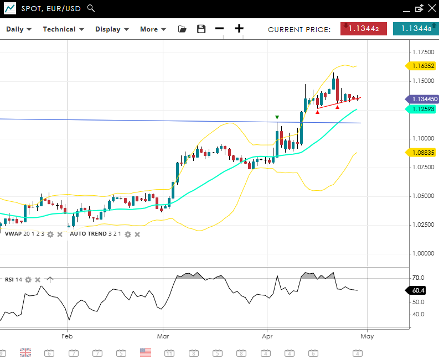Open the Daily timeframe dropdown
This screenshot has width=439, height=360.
pyautogui.click(x=19, y=29)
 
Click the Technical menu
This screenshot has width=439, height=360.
pyautogui.click(x=63, y=29)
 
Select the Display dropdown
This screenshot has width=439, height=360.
pyautogui.click(x=112, y=29)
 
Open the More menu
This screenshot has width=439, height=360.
pyautogui.click(x=153, y=29)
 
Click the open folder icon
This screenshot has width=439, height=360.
pyautogui.click(x=182, y=29)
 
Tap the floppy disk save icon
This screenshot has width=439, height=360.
pyautogui.click(x=201, y=29)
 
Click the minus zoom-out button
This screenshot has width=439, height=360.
pyautogui.click(x=219, y=29)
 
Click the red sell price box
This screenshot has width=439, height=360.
pyautogui.click(x=363, y=29)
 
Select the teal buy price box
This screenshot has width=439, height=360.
pyautogui.click(x=415, y=29)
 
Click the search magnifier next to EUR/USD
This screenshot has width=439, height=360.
pyautogui.click(x=91, y=8)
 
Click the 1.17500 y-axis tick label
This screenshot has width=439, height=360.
pyautogui.click(x=423, y=52)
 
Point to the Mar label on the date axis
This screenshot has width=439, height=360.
pyautogui.click(x=163, y=336)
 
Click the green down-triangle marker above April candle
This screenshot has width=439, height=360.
pyautogui.click(x=277, y=117)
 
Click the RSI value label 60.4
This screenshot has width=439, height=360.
pyautogui.click(x=418, y=290)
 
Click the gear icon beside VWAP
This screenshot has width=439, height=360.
pyautogui.click(x=50, y=234)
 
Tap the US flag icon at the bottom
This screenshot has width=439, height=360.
pyautogui.click(x=146, y=352)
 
